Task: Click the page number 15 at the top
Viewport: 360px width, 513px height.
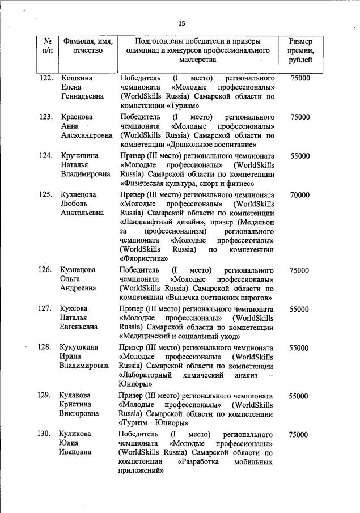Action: pos(181,23)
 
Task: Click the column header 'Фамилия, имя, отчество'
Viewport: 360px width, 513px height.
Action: pos(87,46)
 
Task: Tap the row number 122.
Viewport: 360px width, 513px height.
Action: pos(46,78)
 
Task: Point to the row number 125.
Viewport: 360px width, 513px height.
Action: pos(46,195)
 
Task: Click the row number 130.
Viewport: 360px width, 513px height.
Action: pos(46,435)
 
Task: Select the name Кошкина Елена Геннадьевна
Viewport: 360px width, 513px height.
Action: pos(82,87)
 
